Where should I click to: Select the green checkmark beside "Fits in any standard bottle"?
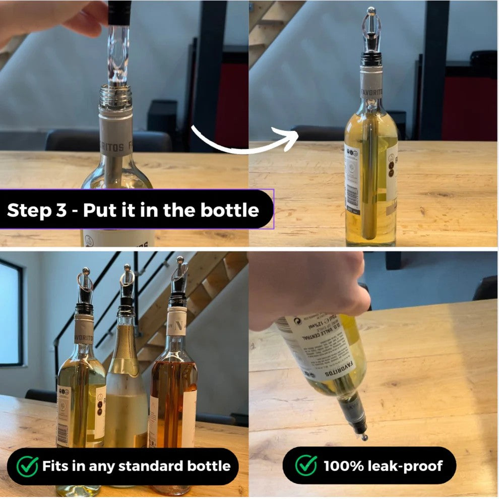(x=27, y=466)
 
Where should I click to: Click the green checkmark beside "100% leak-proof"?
(x=306, y=466)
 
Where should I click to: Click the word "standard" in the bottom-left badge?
(x=146, y=466)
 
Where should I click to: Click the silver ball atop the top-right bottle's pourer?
(x=371, y=10)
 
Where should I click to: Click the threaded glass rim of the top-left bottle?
(x=115, y=96)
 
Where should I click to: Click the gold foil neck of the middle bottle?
(x=125, y=348)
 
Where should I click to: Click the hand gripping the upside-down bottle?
(x=307, y=287)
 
